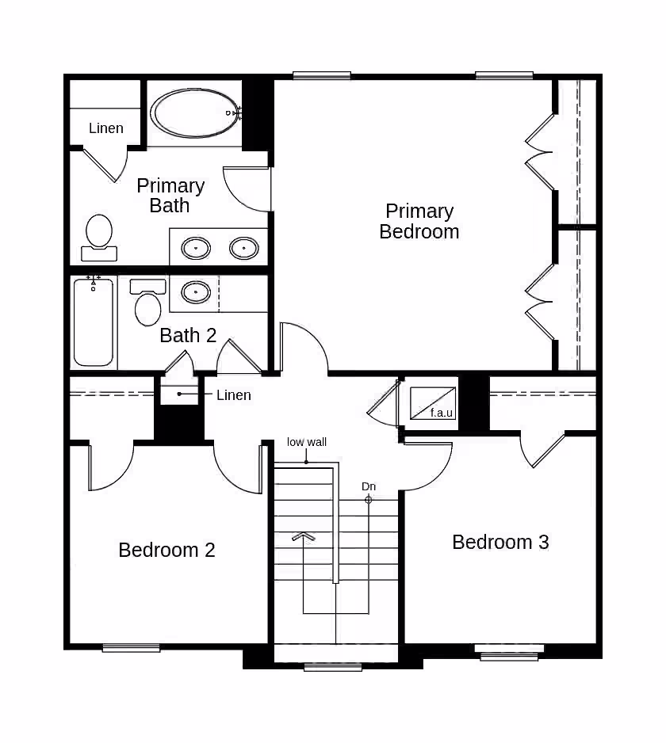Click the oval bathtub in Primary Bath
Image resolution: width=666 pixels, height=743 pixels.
click(195, 112)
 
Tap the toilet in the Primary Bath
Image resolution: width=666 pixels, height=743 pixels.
click(99, 238)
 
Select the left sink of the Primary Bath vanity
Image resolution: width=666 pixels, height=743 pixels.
click(196, 248)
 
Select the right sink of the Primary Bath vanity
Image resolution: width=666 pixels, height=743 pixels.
click(244, 248)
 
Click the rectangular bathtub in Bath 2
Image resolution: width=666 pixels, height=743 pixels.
click(94, 322)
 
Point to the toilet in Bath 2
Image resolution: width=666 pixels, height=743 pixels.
click(147, 303)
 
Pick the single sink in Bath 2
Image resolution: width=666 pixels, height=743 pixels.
click(195, 291)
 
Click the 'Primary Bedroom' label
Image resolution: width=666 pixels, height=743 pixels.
click(419, 221)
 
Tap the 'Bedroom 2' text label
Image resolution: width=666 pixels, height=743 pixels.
click(166, 551)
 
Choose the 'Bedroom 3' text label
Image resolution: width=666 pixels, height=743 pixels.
click(500, 542)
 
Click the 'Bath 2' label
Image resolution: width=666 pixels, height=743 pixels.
click(188, 336)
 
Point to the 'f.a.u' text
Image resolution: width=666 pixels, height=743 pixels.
click(441, 413)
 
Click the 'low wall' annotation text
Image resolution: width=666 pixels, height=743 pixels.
click(306, 442)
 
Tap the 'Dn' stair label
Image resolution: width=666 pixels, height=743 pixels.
click(369, 486)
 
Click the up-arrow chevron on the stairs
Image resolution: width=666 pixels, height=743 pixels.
click(304, 536)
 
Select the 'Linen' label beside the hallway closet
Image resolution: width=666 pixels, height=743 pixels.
click(233, 395)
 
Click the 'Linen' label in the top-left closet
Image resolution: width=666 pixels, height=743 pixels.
click(105, 128)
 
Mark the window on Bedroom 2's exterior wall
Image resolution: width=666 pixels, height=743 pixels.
click(131, 648)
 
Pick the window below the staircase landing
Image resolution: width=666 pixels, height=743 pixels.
click(333, 667)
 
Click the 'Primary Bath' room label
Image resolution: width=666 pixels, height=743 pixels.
click(170, 195)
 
